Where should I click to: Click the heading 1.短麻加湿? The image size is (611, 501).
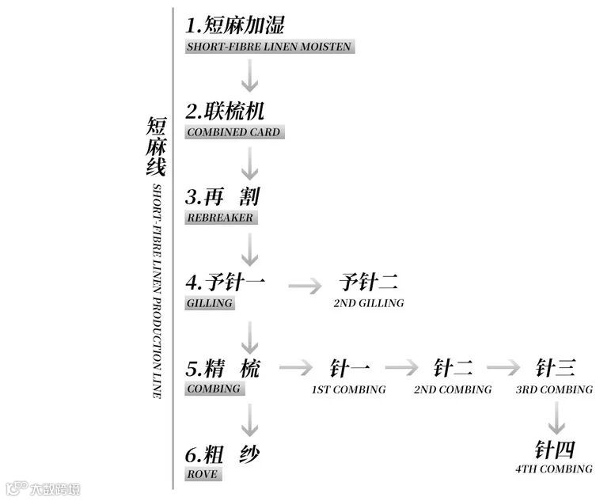234,25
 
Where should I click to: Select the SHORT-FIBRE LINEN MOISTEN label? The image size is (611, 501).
269,47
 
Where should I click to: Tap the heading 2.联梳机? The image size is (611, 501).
225,111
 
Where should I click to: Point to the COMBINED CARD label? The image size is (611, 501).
233,132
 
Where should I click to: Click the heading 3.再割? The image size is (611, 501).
222,195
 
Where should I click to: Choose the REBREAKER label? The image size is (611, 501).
220,218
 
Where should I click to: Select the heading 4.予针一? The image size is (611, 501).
226,282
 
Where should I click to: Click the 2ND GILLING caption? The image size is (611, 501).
369,303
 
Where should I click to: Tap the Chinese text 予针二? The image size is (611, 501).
368,282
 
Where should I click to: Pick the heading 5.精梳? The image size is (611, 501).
222,368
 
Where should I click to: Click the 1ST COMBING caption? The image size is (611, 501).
348,389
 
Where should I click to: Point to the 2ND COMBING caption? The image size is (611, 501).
453,389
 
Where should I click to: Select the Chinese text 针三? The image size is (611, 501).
555,368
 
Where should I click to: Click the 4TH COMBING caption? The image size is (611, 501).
554,469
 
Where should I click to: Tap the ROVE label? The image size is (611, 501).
202,474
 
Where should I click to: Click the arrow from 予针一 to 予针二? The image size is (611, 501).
305,284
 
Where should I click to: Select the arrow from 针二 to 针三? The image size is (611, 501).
503,369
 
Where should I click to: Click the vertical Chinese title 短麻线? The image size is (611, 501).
156,146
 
